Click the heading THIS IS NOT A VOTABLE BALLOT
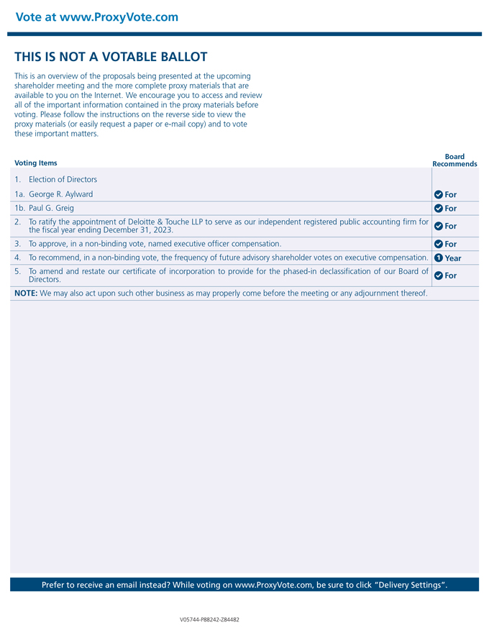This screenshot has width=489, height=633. click(x=111, y=57)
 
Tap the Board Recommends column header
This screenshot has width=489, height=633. click(x=454, y=160)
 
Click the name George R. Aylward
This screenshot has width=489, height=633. click(x=61, y=194)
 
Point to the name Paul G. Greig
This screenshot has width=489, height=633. click(x=51, y=208)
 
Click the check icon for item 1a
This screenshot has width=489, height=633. click(x=439, y=194)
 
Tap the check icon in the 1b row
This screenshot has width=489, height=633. click(x=439, y=209)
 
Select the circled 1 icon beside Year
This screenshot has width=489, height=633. click(x=439, y=258)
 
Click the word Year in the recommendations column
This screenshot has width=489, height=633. click(x=453, y=258)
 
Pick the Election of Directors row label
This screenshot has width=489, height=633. click(x=63, y=180)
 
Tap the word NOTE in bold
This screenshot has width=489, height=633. click(x=26, y=293)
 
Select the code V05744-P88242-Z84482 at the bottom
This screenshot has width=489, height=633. click(x=209, y=619)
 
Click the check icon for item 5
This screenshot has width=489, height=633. click(x=439, y=275)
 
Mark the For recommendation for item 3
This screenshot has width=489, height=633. click(x=451, y=245)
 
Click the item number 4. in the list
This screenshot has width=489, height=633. click(x=17, y=258)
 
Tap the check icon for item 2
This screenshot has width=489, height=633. click(x=439, y=226)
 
